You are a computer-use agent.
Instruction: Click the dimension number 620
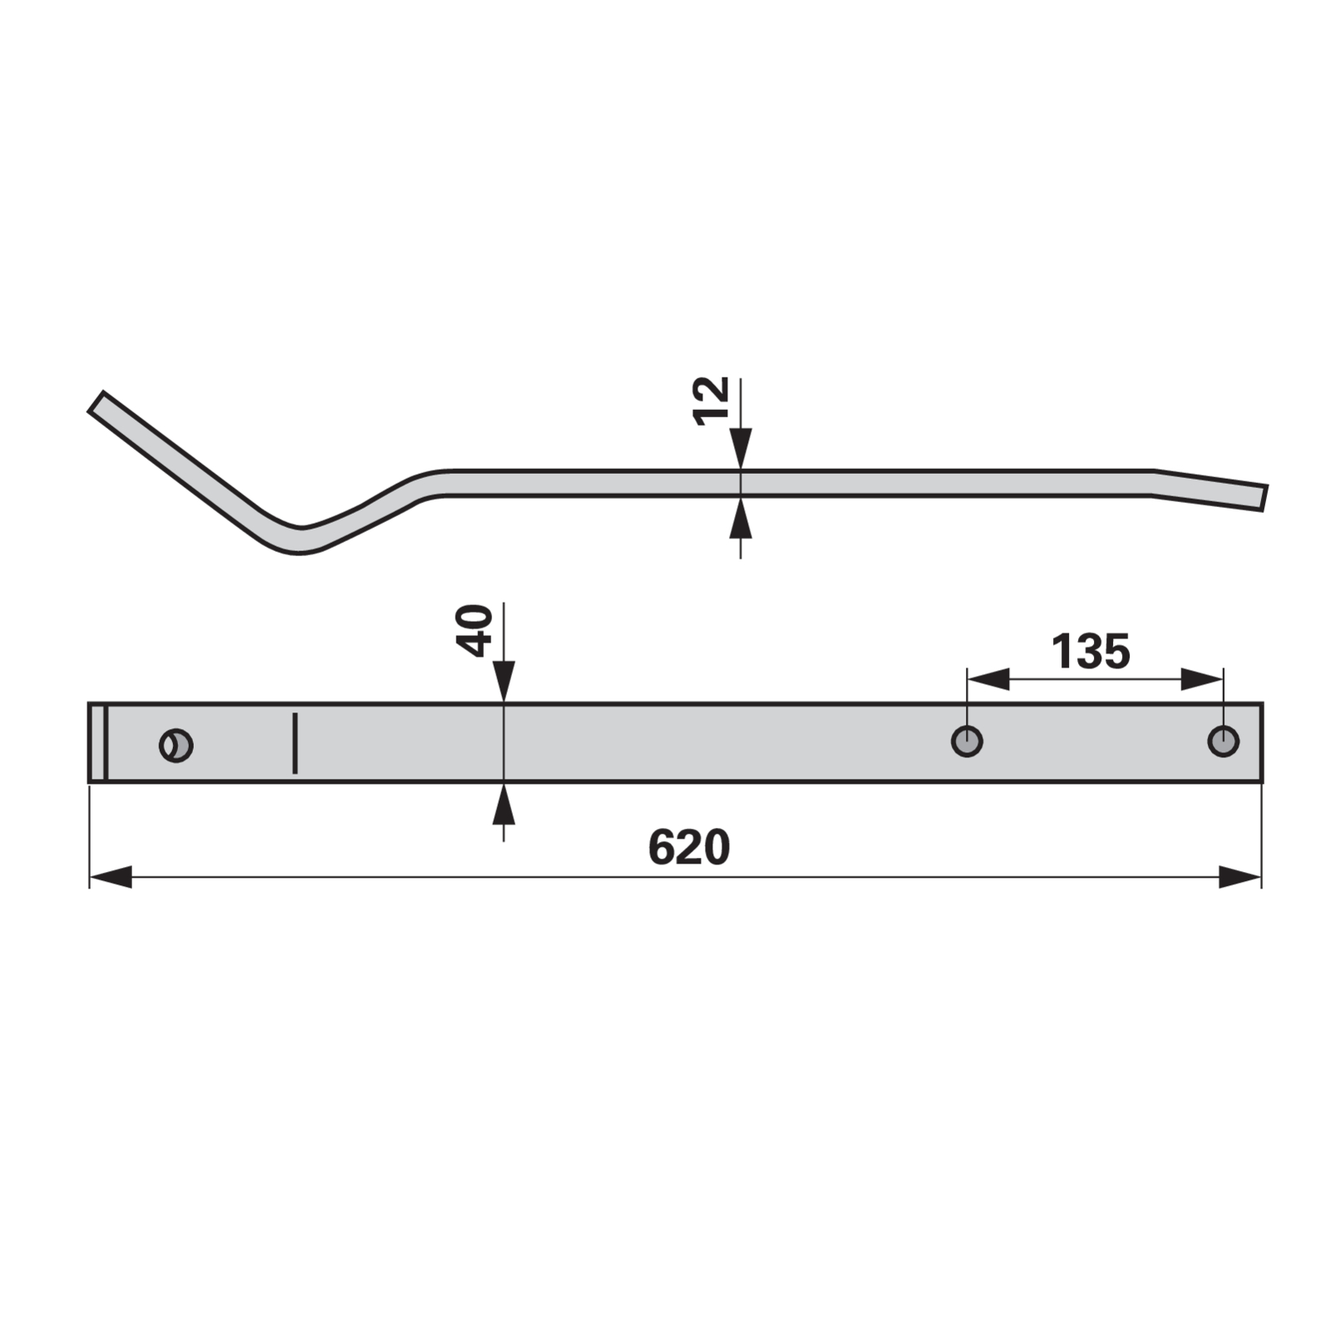point(688,847)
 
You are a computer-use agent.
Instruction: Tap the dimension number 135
point(1091,651)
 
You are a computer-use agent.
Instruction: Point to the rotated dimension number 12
point(711,401)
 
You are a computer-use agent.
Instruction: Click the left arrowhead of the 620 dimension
point(111,877)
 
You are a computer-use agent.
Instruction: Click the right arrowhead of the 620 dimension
point(1240,877)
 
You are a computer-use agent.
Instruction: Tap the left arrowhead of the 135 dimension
point(988,679)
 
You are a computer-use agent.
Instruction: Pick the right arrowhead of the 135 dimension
point(1202,679)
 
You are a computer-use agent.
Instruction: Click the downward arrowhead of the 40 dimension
point(504,682)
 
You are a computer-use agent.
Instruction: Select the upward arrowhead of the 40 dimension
point(504,803)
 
